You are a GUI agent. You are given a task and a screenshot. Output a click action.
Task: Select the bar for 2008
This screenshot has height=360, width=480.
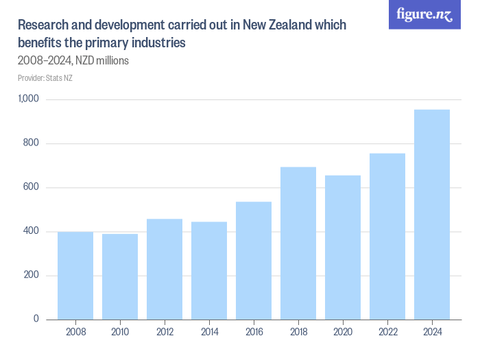pos(75,276)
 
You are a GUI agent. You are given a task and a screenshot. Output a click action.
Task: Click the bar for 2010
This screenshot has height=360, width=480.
pos(120,277)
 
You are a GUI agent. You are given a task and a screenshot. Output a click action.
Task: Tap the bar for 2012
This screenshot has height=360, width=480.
pos(165,269)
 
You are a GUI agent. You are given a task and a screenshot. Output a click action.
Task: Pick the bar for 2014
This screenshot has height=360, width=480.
pos(209,271)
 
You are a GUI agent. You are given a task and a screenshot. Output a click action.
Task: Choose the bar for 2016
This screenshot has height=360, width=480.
pos(254,261)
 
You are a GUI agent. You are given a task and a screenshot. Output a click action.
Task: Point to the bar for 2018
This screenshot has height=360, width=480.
pos(298,243)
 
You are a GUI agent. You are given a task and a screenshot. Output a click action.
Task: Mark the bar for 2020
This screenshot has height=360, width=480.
pos(343,248)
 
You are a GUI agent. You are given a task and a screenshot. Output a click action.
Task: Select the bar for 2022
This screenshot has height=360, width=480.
pos(387,237)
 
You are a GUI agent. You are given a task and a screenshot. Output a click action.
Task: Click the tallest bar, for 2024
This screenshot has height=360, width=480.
pos(432,215)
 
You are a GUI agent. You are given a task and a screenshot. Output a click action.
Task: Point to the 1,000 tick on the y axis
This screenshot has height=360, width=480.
pos(29,99)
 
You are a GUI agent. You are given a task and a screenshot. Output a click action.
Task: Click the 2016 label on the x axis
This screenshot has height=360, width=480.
pos(254,333)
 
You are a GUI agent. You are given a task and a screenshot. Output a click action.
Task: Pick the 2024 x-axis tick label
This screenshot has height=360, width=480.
pos(432,333)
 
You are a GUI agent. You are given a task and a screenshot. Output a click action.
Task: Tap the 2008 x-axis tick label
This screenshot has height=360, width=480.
pos(75,333)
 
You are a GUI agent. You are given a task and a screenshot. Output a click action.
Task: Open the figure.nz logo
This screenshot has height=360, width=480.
pos(424,14)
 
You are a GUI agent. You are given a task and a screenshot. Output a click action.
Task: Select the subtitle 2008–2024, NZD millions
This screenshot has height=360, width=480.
pos(73,60)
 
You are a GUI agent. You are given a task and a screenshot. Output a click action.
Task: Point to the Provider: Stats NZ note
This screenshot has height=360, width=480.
pos(45,78)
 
